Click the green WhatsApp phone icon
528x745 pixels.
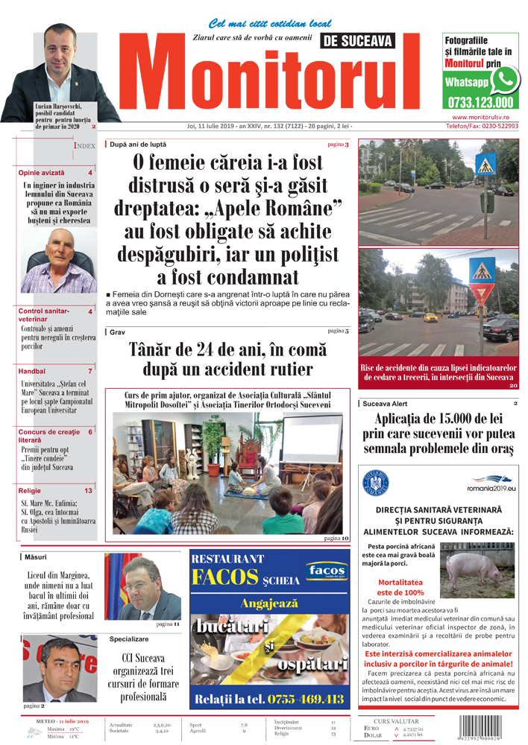pyautogui.click(x=504, y=79)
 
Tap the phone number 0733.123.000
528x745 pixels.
pyautogui.click(x=481, y=103)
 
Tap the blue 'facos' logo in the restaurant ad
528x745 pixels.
pyautogui.click(x=325, y=572)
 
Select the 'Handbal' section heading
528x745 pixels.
pyautogui.click(x=32, y=371)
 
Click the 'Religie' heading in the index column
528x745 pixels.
pyautogui.click(x=31, y=491)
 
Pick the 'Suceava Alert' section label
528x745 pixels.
pyautogui.click(x=385, y=403)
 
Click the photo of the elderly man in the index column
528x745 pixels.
pyautogui.click(x=57, y=260)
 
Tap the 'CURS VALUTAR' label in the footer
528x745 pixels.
pyautogui.click(x=396, y=721)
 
